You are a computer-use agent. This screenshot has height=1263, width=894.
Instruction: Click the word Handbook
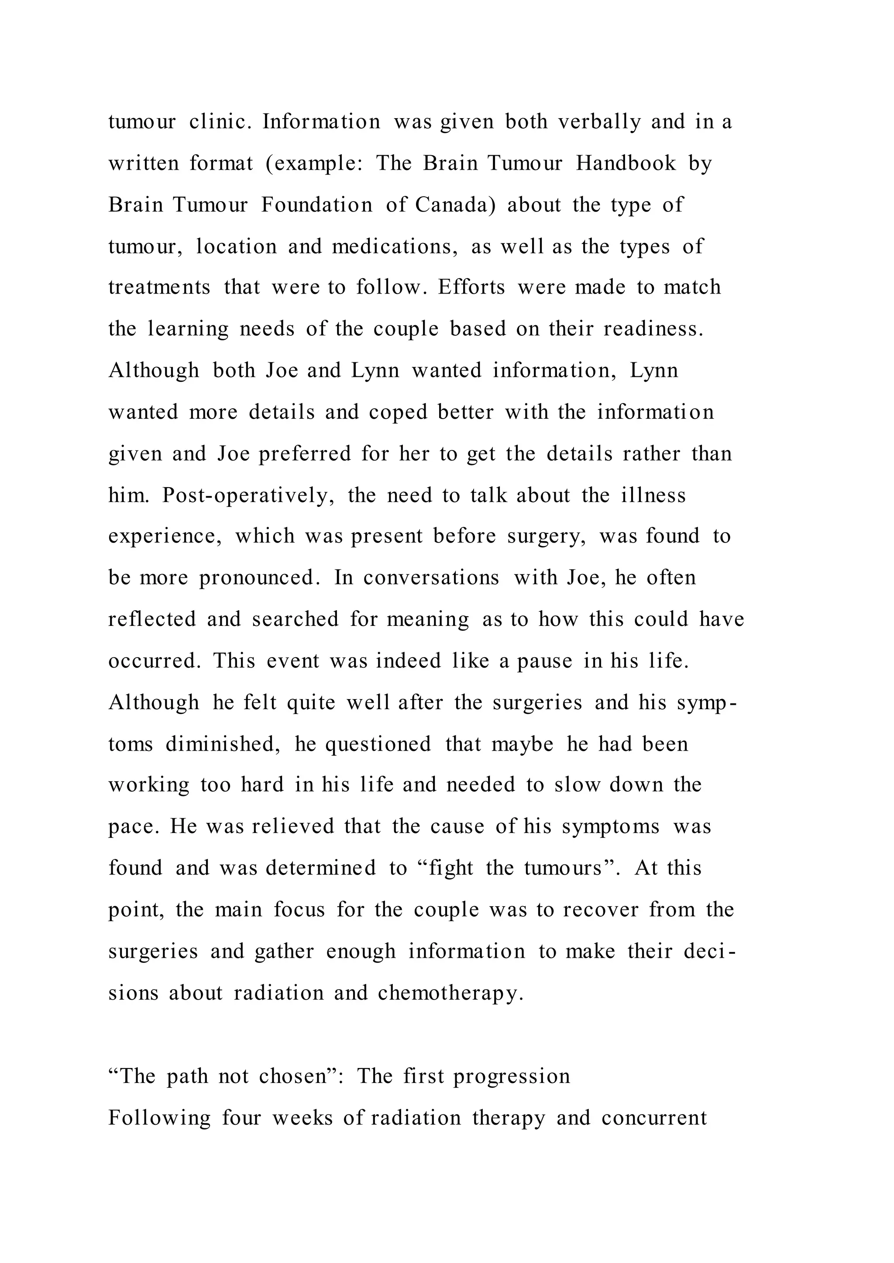pyautogui.click(x=626, y=164)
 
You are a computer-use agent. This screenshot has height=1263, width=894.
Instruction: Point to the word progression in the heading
pyautogui.click(x=512, y=1076)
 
